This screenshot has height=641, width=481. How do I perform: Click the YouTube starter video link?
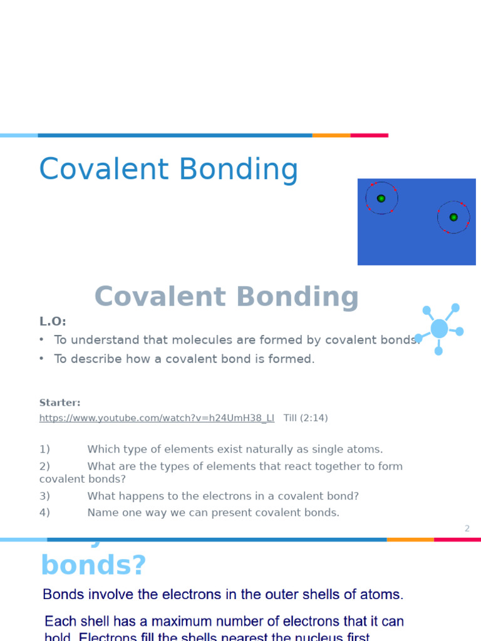pyautogui.click(x=157, y=418)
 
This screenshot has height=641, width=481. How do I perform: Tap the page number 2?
pyautogui.click(x=467, y=529)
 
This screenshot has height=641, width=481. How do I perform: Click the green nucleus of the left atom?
pyautogui.click(x=381, y=198)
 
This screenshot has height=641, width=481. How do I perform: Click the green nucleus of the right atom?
pyautogui.click(x=453, y=217)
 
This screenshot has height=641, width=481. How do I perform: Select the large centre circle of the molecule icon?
pyautogui.click(x=440, y=328)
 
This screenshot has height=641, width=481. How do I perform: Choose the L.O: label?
pyautogui.click(x=53, y=322)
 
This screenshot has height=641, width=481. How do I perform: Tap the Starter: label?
pyautogui.click(x=59, y=403)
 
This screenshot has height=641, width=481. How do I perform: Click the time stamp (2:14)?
pyautogui.click(x=314, y=418)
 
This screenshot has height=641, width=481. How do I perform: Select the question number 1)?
pyautogui.click(x=44, y=449)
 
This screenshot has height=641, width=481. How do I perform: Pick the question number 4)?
pyautogui.click(x=44, y=513)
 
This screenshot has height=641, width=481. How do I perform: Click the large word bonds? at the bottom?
pyautogui.click(x=93, y=565)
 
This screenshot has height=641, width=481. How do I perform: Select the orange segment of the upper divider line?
pyautogui.click(x=331, y=135)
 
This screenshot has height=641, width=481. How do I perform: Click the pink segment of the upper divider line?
pyautogui.click(x=369, y=135)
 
